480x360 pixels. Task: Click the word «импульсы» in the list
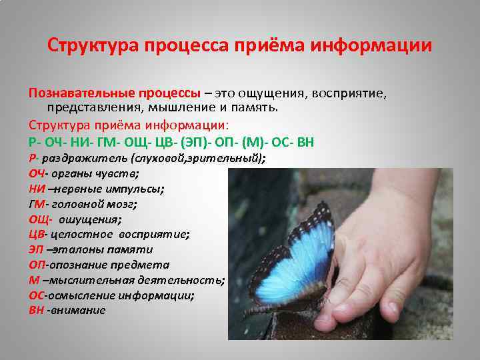[137, 189]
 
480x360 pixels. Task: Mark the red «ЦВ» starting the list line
[37, 234]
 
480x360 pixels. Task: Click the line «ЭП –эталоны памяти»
[91, 249]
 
